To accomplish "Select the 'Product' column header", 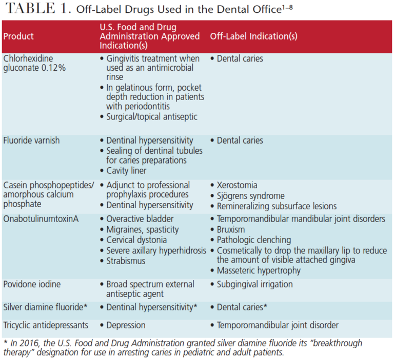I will click(x=18, y=36).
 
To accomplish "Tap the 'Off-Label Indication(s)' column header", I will click(x=253, y=36).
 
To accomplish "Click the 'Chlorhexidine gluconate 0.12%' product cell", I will click(x=32, y=63).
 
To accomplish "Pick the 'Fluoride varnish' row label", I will click(x=31, y=141).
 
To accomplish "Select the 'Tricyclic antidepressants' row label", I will click(x=46, y=325).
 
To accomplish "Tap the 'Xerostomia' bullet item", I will click(x=237, y=185).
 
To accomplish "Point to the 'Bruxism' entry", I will click(x=230, y=229).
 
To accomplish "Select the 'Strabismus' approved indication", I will click(x=126, y=261).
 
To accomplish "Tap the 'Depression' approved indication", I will click(x=125, y=325).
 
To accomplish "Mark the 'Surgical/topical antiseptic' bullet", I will click(x=151, y=116).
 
